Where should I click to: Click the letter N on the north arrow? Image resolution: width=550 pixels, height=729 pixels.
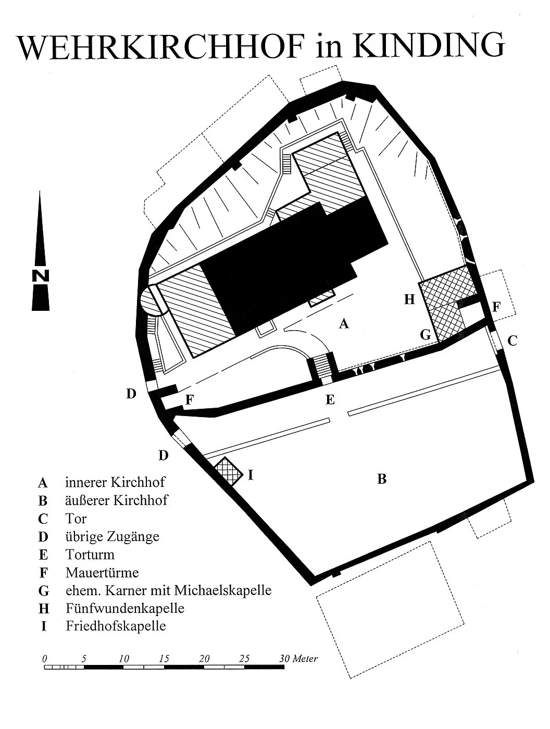41,275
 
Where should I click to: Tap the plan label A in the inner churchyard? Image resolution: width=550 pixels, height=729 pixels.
344,323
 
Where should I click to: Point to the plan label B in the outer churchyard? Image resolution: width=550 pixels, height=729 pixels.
382,479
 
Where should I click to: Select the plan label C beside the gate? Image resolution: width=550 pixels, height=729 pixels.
512,341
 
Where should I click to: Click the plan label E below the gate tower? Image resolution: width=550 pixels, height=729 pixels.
330,399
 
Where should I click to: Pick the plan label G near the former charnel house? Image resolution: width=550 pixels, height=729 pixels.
426,335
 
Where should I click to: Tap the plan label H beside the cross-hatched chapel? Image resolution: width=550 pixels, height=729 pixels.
409,299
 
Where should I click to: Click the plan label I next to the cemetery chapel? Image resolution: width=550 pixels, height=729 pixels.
251,475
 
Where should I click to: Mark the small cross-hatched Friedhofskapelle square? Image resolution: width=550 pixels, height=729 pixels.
228,472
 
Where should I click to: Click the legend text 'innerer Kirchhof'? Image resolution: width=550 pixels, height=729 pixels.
115,482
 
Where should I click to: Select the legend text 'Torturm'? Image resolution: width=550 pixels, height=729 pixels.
90,555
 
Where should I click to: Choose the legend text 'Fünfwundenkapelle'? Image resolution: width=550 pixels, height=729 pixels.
125,608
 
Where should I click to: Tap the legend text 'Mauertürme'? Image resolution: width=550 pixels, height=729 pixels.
102,572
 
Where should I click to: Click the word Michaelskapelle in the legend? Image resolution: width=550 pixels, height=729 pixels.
222,590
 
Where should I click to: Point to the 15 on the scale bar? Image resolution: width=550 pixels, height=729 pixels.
164,658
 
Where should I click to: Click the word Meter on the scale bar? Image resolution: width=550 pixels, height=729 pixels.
305,658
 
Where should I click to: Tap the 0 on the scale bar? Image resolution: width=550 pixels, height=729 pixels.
44,658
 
